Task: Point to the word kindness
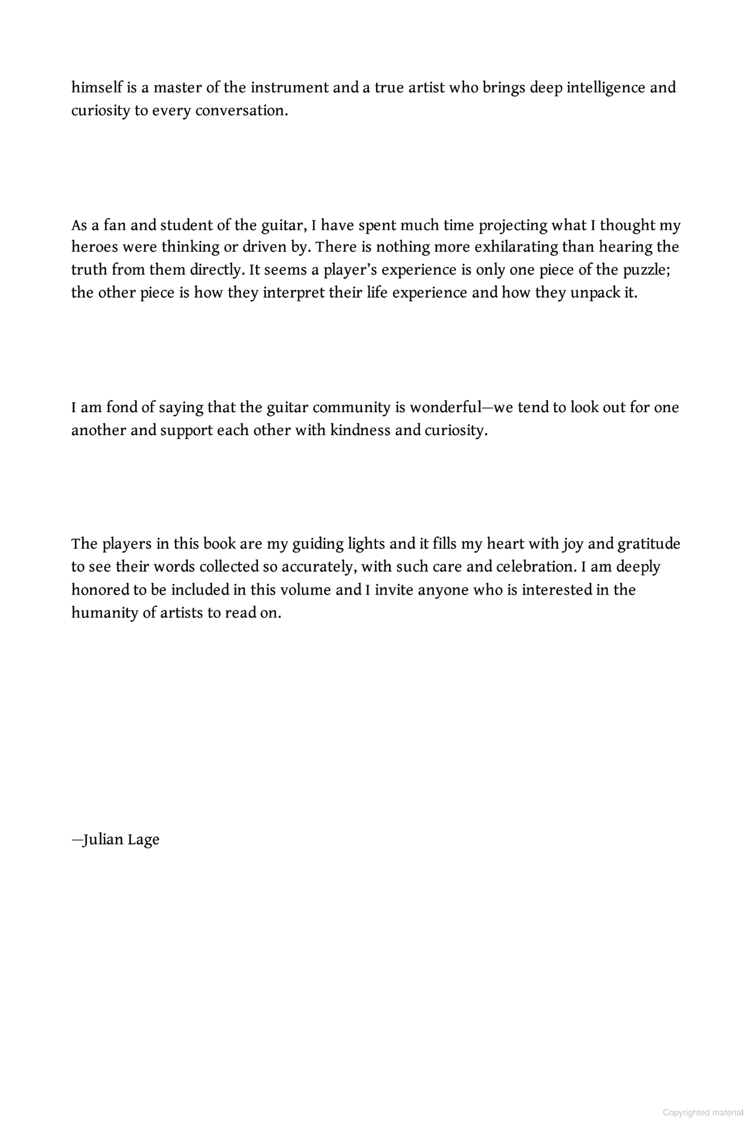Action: coord(360,430)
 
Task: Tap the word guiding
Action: coord(318,544)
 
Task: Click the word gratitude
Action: coord(649,544)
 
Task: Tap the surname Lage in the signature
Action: coord(143,840)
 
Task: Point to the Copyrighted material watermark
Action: coord(703,1113)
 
